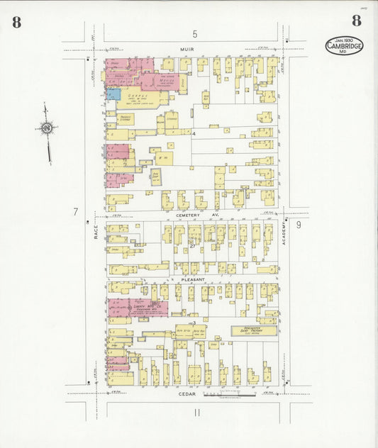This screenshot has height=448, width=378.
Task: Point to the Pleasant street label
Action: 193,279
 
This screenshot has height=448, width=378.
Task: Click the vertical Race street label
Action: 96,227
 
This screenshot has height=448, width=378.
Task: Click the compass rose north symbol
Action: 47,129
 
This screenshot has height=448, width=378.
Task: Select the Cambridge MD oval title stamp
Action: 345,46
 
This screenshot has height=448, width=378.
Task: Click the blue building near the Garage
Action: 113,94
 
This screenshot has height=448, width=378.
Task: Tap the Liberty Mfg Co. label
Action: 147,306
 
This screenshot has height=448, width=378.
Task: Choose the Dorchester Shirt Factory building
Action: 254,331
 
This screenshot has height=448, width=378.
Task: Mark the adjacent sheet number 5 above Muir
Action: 194,34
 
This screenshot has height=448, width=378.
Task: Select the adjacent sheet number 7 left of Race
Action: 75,211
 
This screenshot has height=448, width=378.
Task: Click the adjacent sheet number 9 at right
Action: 299,225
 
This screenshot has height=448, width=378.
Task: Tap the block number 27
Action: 192,247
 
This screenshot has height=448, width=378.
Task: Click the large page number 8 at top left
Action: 16,22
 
